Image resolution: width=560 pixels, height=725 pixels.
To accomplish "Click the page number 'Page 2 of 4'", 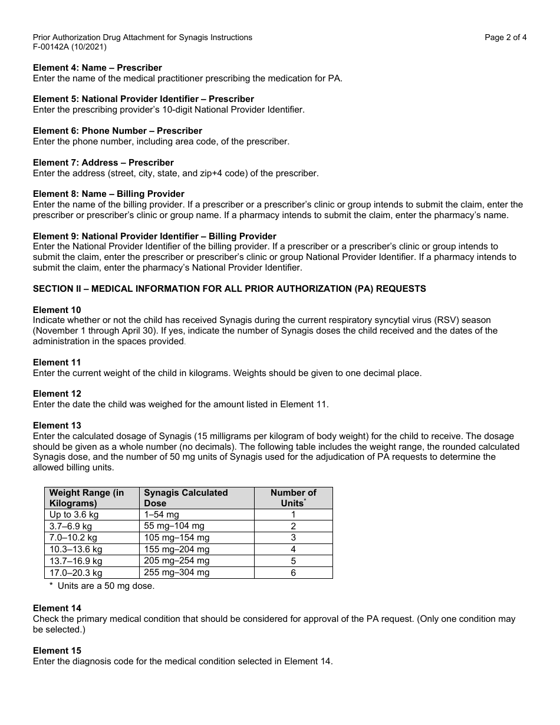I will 505,37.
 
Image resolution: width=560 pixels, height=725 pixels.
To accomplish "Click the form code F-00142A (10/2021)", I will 70,47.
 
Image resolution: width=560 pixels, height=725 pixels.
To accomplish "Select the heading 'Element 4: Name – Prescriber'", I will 97,68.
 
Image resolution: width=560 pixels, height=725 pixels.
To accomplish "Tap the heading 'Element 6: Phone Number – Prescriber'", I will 117,131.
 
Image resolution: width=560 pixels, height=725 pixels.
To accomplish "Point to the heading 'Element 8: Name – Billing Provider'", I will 108,194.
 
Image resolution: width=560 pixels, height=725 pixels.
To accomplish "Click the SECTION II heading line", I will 229,289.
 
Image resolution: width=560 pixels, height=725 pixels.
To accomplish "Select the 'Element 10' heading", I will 57,310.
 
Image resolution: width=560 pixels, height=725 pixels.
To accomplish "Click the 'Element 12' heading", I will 57,394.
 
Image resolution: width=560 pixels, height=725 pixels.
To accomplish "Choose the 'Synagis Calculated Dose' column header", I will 186,498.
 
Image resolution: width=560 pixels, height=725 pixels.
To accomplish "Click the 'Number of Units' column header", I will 293,498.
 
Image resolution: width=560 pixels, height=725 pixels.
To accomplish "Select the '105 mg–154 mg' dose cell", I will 177,538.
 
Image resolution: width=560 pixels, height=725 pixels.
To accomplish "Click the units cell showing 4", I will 293,549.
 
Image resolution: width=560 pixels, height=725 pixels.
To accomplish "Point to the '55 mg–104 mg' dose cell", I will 174,526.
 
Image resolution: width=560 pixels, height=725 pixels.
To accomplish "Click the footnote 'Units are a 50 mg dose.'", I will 106,586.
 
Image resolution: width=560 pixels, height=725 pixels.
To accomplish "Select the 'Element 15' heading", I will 57,651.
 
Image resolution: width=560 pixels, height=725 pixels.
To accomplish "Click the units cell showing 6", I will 293,572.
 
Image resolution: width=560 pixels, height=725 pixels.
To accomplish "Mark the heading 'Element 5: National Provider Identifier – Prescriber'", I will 143,99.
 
